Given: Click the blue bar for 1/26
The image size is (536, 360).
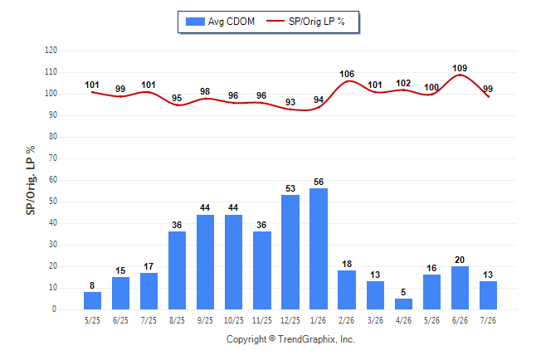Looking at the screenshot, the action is (x=319, y=249).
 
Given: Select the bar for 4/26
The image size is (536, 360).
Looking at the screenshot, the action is (x=403, y=304).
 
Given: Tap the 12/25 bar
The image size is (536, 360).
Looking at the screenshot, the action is (x=290, y=252).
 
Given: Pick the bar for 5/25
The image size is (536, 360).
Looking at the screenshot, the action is (x=92, y=301).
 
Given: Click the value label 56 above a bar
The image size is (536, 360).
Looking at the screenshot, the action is (x=319, y=182).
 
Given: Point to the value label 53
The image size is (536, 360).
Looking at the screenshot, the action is (x=290, y=188).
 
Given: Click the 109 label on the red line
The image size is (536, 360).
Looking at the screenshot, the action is (x=460, y=68).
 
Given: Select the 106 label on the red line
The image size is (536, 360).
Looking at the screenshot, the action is (x=347, y=74).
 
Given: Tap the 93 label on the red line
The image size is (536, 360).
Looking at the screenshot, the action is (x=290, y=102).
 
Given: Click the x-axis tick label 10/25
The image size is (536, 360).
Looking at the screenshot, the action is (x=234, y=321).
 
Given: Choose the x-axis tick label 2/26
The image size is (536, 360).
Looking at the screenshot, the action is (x=347, y=321).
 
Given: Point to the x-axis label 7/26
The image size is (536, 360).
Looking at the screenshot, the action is (x=488, y=321).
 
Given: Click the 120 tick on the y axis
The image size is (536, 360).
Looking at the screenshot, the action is (x=51, y=51).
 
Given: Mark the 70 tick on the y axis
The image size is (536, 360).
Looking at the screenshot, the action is (x=53, y=158).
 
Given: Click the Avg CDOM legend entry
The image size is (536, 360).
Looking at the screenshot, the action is (x=220, y=22).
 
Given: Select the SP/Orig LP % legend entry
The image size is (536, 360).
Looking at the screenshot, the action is (x=305, y=22).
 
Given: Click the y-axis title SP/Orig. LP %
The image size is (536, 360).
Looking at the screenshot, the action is (x=31, y=180).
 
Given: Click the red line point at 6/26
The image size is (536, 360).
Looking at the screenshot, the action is (x=460, y=75).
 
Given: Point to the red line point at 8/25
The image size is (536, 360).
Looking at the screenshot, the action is (x=178, y=105).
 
